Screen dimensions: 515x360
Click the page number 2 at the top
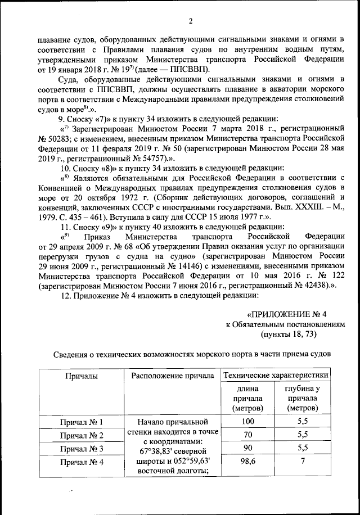[x=190, y=21]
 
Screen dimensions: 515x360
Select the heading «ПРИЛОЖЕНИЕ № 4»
[x=287, y=314]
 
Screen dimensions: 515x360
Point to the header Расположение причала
[x=174, y=375]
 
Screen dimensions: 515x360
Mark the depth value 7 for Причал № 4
[x=303, y=461]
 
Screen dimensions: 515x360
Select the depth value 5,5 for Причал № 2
[x=303, y=435]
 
